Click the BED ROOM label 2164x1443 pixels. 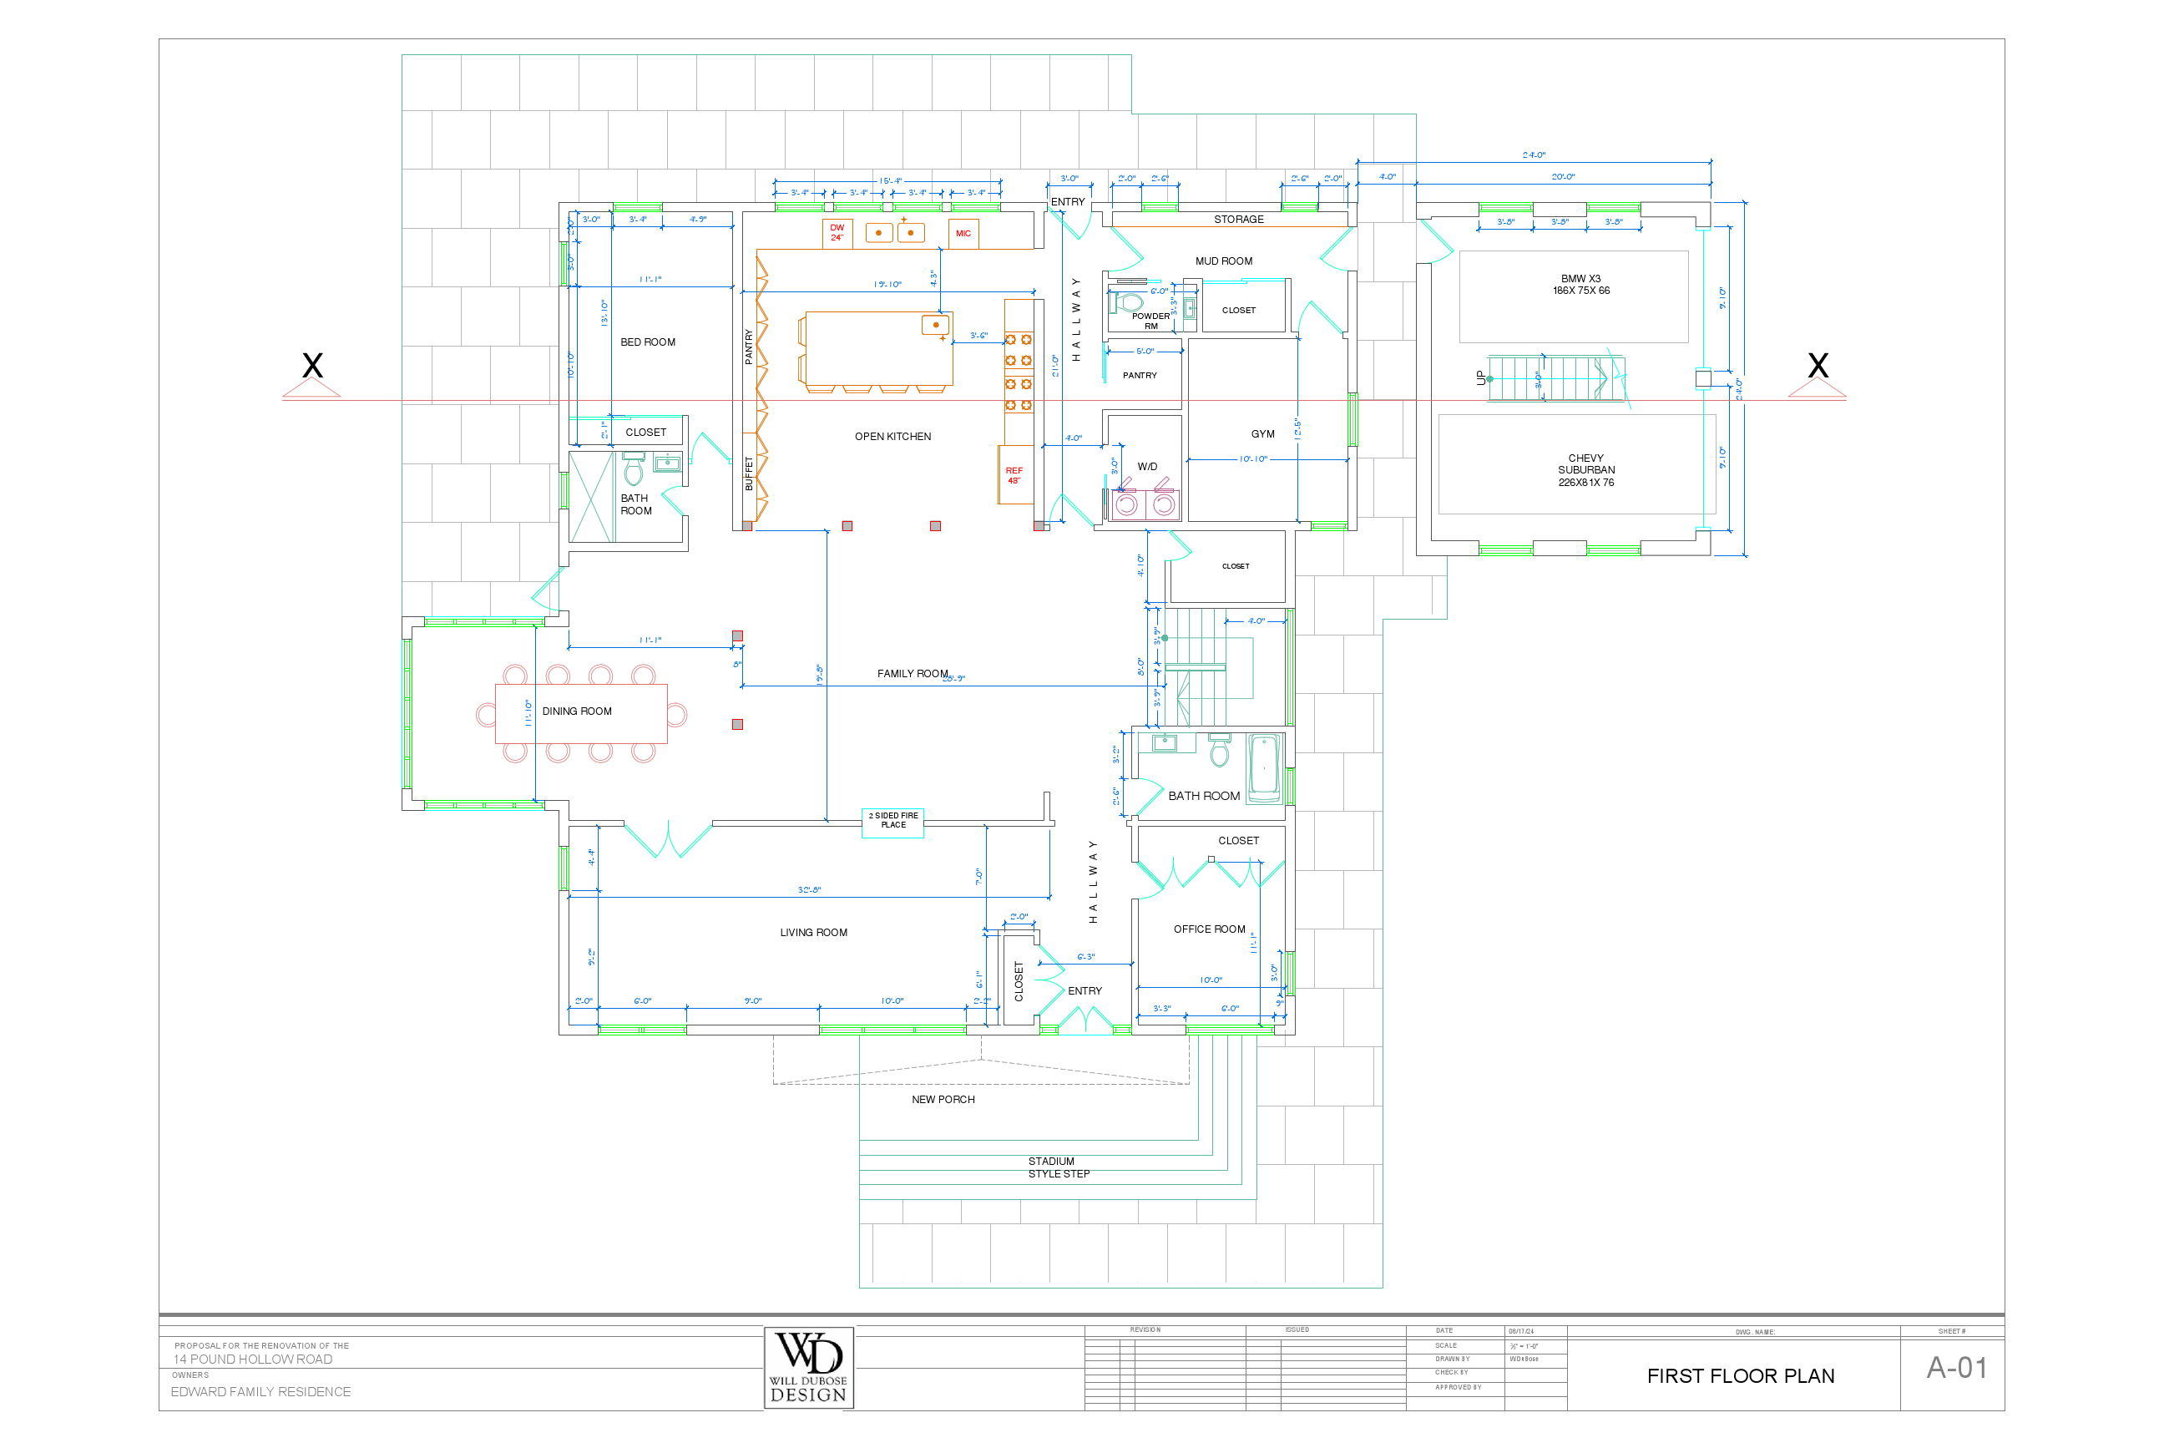coord(648,342)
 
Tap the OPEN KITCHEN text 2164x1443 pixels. coord(892,437)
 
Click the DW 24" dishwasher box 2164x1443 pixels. coord(837,233)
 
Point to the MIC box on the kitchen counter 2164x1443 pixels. coord(963,234)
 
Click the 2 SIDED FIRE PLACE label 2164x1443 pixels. coord(893,821)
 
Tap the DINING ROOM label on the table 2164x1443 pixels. coord(577,711)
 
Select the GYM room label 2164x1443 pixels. coord(1262,434)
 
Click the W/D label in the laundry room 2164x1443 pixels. coord(1147,467)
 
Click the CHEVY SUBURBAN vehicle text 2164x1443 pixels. coord(1586,470)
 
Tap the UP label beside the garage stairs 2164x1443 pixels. coord(1480,377)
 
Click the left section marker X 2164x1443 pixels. coord(313,367)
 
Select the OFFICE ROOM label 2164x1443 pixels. coord(1209,929)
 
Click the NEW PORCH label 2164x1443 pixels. coord(943,1100)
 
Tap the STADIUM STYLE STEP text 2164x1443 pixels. coord(1057,1167)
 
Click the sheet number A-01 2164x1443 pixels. coord(1957,1369)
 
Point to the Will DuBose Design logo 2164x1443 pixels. coord(809,1368)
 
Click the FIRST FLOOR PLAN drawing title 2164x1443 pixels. coord(1741,1376)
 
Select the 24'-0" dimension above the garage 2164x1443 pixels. coord(1534,155)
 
